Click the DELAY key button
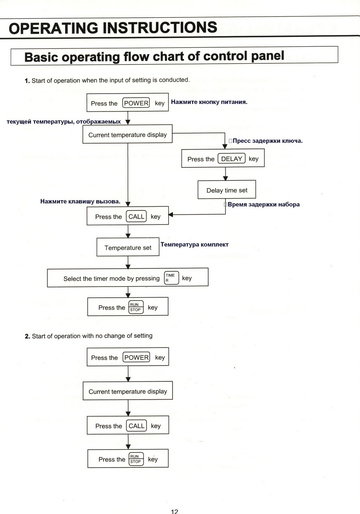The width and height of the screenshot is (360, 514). pyautogui.click(x=231, y=158)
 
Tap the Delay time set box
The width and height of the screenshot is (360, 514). pyautogui.click(x=227, y=190)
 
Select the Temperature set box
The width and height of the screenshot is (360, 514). pyautogui.click(x=128, y=247)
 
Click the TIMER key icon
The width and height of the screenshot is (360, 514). pyautogui.click(x=172, y=278)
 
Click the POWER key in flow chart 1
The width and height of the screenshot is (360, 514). pyautogui.click(x=136, y=103)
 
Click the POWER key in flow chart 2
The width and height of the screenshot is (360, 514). pyautogui.click(x=136, y=357)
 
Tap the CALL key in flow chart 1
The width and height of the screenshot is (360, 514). pyautogui.click(x=136, y=216)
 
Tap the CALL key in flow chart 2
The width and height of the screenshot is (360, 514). pyautogui.click(x=136, y=426)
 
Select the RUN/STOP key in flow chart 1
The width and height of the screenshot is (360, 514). pyautogui.click(x=136, y=307)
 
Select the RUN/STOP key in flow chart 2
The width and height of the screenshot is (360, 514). pyautogui.click(x=136, y=459)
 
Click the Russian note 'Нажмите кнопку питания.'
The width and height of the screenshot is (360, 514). pyautogui.click(x=209, y=102)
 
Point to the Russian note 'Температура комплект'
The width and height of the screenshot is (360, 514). pyautogui.click(x=195, y=244)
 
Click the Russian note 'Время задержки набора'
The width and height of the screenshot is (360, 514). pyautogui.click(x=263, y=204)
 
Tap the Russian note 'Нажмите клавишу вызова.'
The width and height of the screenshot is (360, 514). pyautogui.click(x=80, y=201)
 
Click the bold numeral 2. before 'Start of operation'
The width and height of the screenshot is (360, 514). pyautogui.click(x=27, y=337)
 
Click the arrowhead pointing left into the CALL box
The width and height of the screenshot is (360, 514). pyautogui.click(x=171, y=215)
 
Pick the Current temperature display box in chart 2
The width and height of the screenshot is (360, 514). pyautogui.click(x=128, y=391)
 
